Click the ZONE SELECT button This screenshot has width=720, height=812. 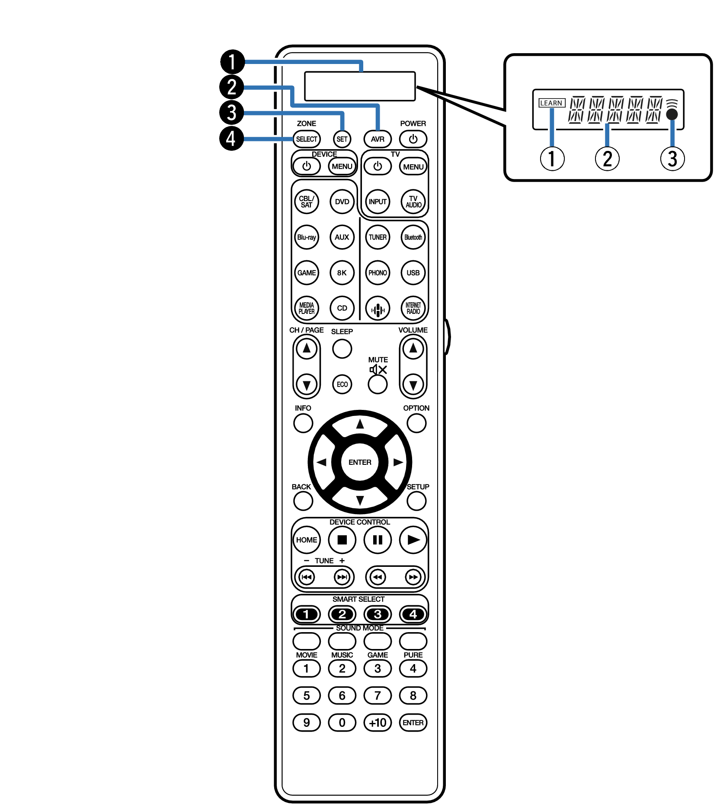coord(307,139)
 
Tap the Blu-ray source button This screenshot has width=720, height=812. coord(307,237)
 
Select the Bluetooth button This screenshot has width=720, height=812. coord(413,237)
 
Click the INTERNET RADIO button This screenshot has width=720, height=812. coord(413,308)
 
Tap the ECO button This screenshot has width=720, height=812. coord(342,384)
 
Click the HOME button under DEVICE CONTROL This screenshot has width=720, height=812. coord(307,540)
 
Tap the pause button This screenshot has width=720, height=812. coord(378,540)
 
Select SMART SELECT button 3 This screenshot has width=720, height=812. coord(378,614)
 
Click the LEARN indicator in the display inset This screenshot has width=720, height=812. coord(552,103)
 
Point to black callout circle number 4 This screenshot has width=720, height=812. coord(232,138)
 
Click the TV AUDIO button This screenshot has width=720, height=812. coord(413,202)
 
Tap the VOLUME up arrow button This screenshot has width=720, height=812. coord(413,348)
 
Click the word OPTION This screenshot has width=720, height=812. coord(416,408)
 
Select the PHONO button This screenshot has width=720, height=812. coord(378,273)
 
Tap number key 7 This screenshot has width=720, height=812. coord(378,696)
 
